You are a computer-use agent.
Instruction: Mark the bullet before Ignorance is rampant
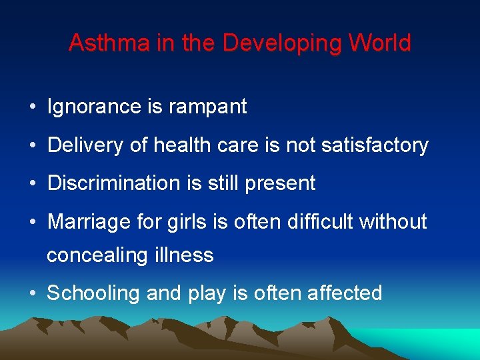click(33, 107)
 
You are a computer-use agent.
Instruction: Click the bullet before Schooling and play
click(33, 293)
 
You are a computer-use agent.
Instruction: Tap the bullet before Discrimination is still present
click(33, 184)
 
